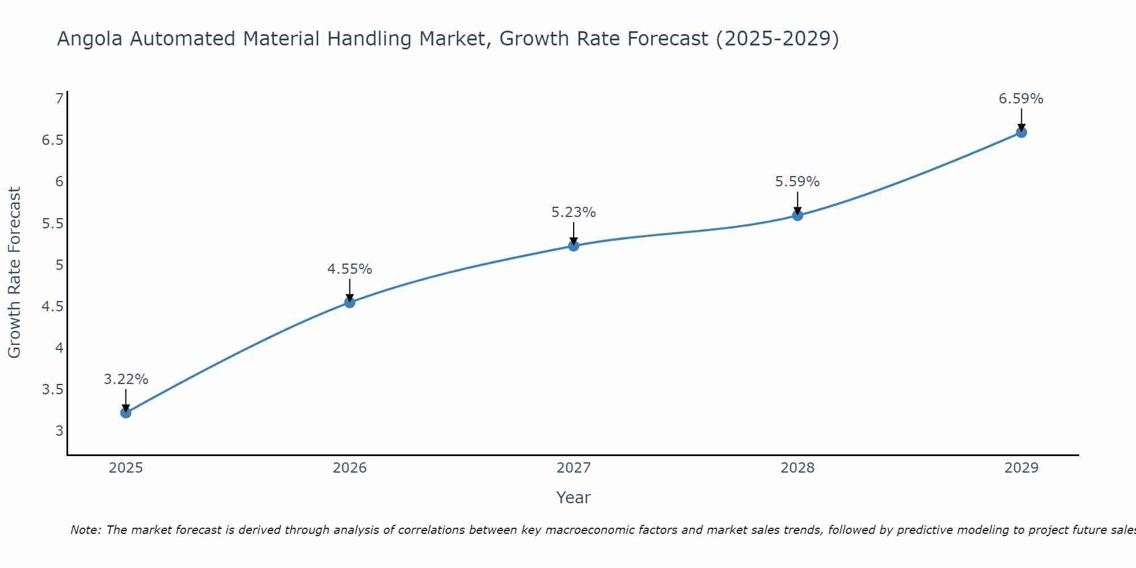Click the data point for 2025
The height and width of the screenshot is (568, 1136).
[x=126, y=412]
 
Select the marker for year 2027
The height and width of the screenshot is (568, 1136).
[x=574, y=245]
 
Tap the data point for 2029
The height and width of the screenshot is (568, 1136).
[x=1021, y=132]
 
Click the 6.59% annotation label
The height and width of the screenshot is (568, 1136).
[x=1021, y=99]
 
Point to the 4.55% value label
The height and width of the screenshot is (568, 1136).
[x=349, y=269]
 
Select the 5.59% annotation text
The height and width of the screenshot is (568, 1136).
[x=797, y=182]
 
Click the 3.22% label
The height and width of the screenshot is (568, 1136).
[x=126, y=379]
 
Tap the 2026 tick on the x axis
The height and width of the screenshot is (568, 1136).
[x=349, y=468]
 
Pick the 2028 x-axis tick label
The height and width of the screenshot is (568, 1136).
[x=797, y=468]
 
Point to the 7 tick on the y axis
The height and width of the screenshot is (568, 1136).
[x=59, y=99]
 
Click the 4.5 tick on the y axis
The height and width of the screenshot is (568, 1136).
[x=52, y=307]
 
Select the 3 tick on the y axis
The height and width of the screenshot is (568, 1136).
[x=59, y=431]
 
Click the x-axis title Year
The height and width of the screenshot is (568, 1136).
[x=573, y=498]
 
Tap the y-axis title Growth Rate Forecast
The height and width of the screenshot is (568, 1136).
[x=14, y=273]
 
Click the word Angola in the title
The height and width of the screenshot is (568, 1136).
[x=90, y=39]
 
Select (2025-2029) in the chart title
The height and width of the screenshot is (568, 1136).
[x=776, y=39]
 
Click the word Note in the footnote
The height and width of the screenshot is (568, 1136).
[x=85, y=530]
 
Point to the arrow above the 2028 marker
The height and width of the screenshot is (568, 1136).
[x=797, y=203]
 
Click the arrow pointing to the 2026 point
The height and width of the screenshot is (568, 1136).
[x=350, y=290]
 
